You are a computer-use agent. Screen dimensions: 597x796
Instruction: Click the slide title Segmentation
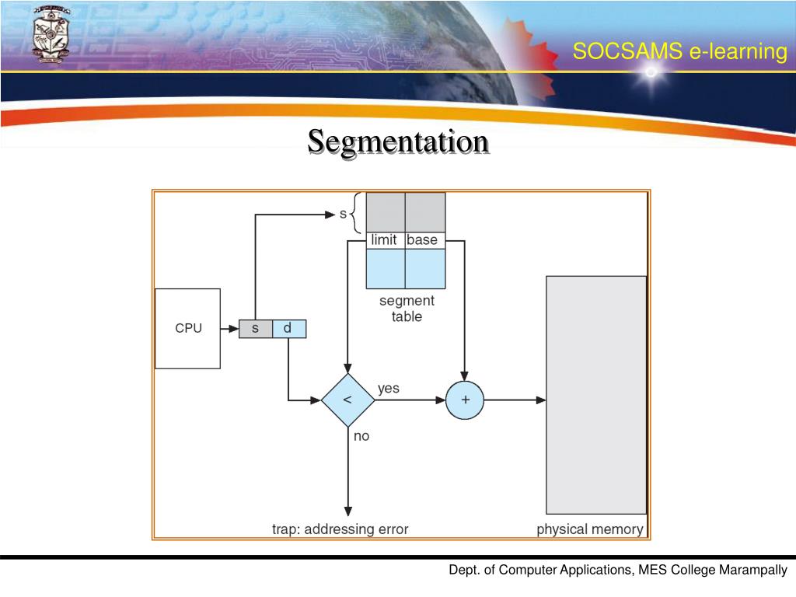[398, 141]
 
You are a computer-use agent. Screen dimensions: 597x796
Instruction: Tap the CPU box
[188, 328]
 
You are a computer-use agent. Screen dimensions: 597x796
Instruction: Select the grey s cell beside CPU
[255, 328]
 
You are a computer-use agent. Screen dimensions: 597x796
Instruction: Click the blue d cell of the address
[288, 328]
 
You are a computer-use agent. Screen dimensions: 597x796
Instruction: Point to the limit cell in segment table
[385, 240]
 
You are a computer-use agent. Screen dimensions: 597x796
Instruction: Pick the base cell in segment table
[423, 240]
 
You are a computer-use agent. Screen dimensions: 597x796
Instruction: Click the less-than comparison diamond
[347, 400]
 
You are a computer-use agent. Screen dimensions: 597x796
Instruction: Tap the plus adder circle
[465, 400]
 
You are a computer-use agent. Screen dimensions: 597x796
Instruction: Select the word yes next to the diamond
[388, 388]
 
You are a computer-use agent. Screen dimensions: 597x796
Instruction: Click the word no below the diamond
[361, 436]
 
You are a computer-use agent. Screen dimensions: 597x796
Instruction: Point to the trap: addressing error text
[340, 529]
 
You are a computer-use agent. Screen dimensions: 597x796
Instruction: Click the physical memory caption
[590, 529]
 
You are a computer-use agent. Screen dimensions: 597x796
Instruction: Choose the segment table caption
[407, 309]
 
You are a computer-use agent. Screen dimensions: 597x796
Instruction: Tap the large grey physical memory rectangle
[596, 394]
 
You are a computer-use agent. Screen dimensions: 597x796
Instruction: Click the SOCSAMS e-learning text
[679, 52]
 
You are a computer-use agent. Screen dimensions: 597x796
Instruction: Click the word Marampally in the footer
[753, 571]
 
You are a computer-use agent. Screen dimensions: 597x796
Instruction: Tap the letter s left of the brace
[343, 214]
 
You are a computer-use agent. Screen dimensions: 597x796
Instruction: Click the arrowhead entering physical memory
[542, 400]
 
